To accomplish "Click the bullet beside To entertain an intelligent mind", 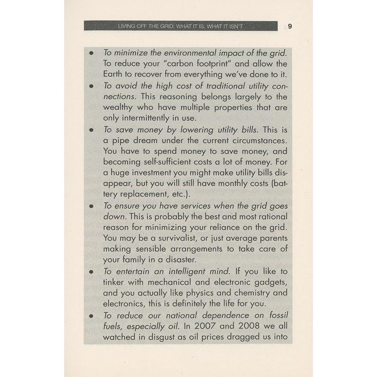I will [91, 271].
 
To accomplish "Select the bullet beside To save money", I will [91, 130].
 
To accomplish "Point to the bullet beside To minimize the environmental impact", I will [91, 53].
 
